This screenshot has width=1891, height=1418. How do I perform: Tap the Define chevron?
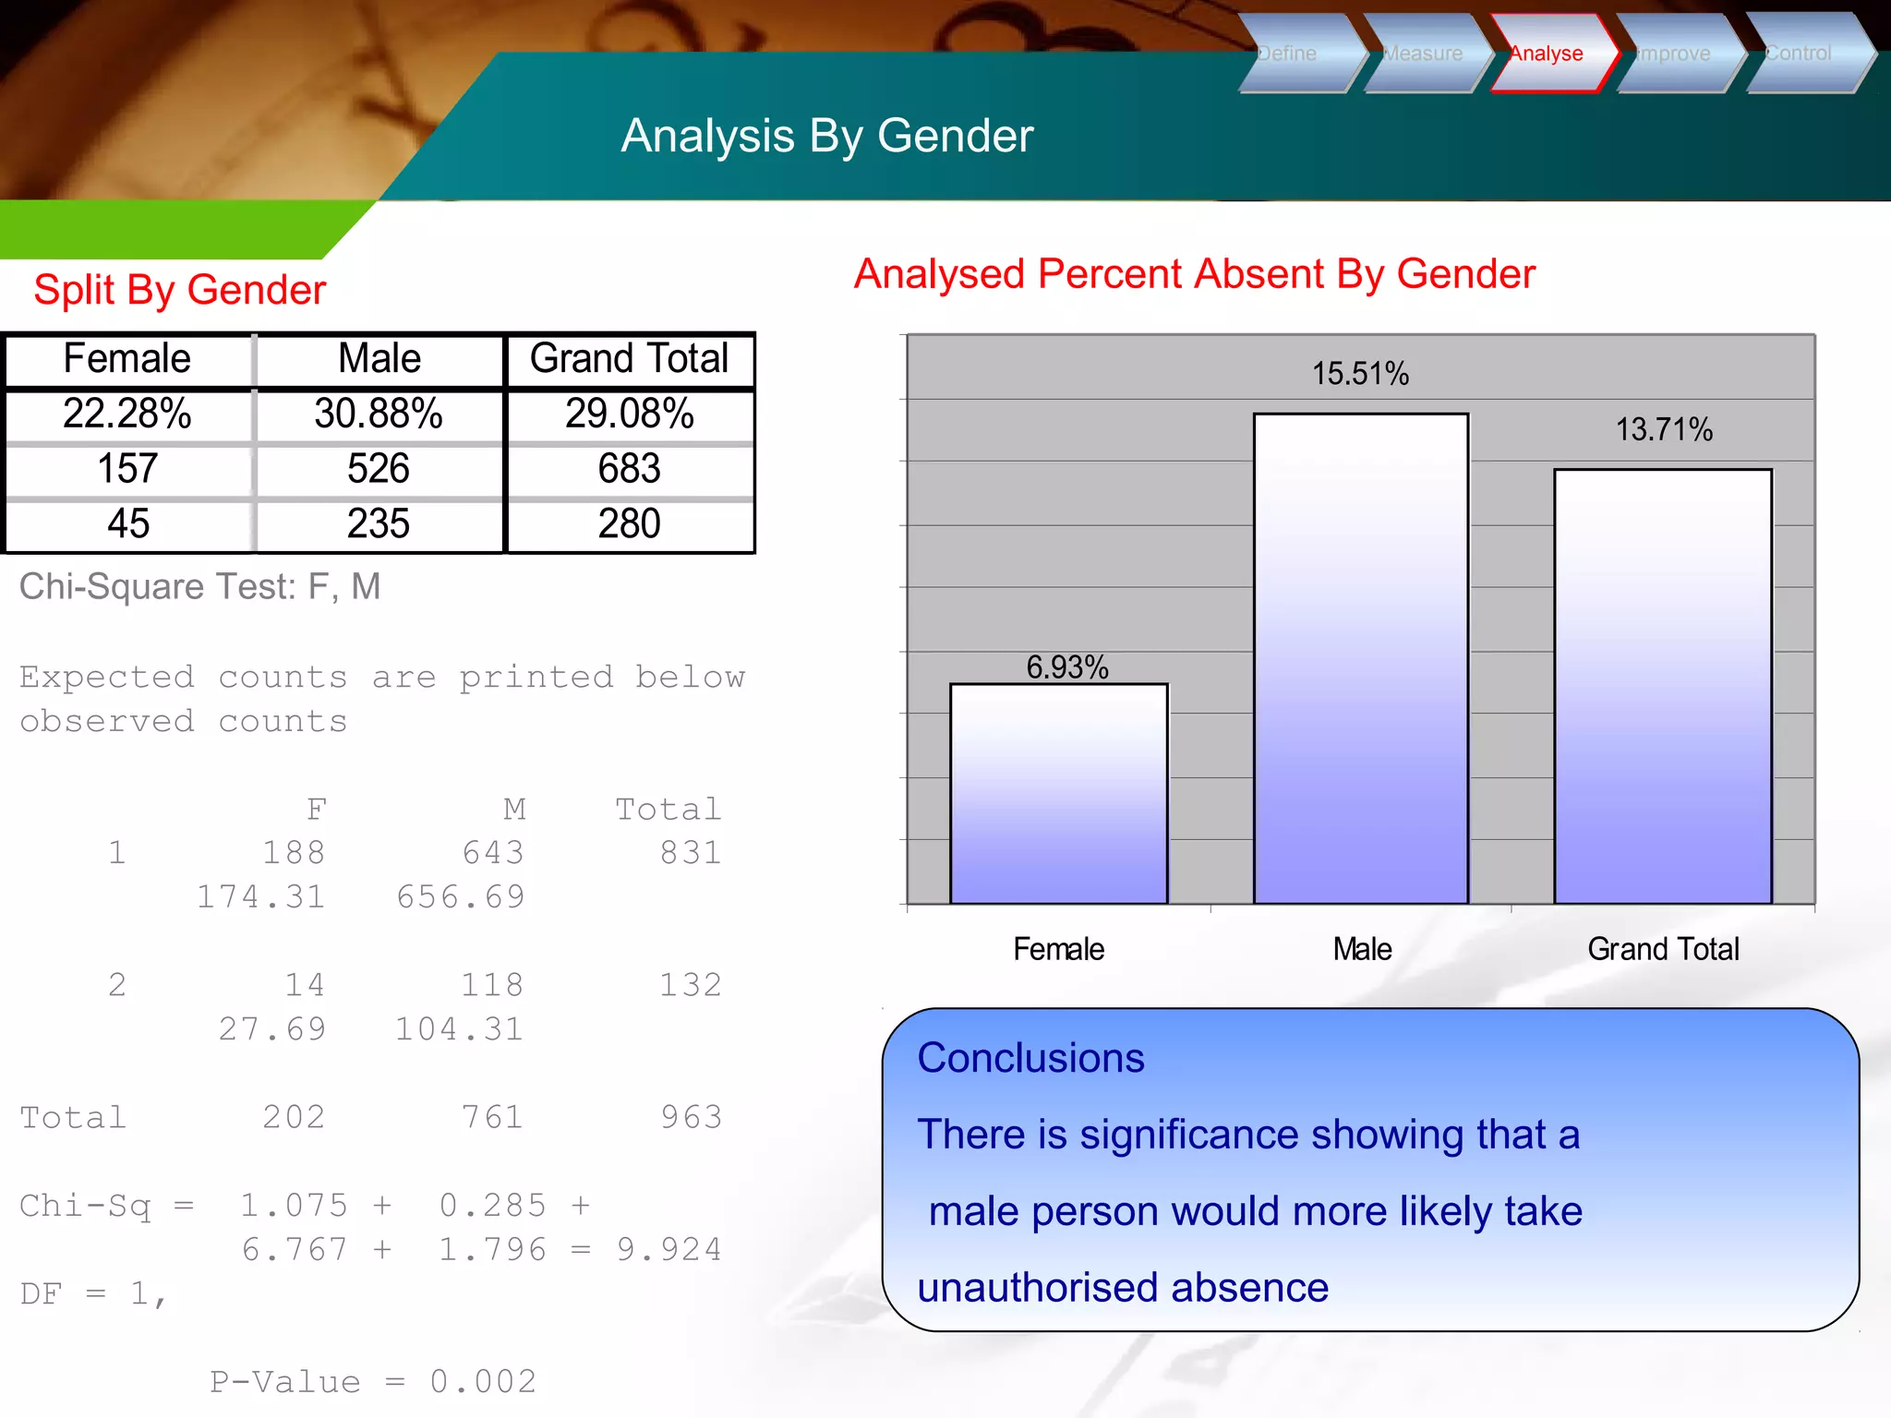click(1293, 54)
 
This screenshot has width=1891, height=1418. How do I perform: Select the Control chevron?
click(1801, 54)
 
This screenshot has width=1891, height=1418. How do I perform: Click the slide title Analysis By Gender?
click(826, 136)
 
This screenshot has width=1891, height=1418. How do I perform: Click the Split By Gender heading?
click(180, 290)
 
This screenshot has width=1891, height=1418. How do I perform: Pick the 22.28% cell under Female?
click(127, 414)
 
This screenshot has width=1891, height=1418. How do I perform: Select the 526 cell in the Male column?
click(379, 469)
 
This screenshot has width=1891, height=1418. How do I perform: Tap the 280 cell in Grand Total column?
click(629, 523)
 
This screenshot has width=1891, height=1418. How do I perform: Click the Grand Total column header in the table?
click(629, 358)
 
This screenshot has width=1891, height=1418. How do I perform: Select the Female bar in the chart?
click(1058, 794)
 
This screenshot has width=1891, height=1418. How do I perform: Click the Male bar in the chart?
click(1360, 660)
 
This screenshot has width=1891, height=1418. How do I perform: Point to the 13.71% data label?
click(1663, 429)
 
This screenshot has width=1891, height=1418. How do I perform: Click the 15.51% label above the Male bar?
click(1360, 374)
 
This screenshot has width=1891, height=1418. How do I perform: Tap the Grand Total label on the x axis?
click(1663, 949)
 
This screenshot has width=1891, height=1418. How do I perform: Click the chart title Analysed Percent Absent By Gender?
click(1194, 274)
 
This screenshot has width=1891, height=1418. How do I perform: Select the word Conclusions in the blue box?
click(1030, 1058)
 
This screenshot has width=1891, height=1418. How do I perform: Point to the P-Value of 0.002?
click(373, 1382)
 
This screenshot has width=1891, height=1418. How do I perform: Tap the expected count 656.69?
click(461, 897)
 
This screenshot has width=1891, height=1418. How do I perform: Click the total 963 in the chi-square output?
click(691, 1118)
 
